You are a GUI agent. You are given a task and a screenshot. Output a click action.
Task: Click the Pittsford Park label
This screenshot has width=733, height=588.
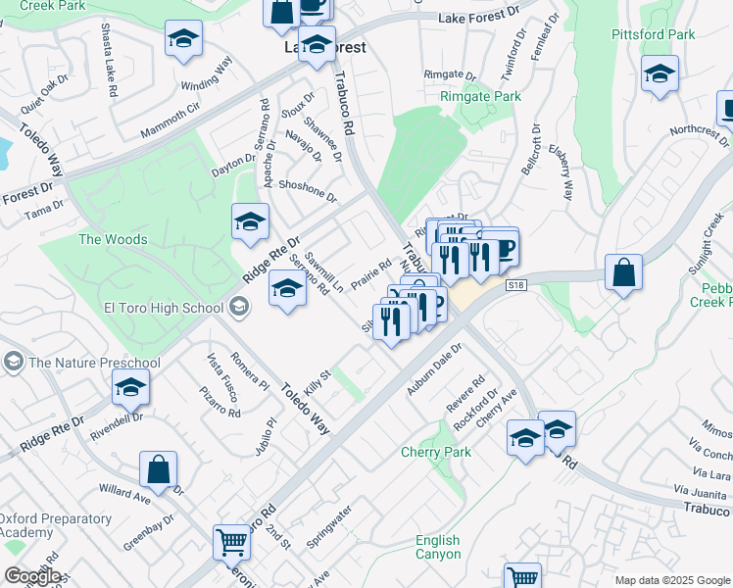click(x=654, y=34)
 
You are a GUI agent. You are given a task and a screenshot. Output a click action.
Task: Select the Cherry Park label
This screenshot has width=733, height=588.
click(x=436, y=452)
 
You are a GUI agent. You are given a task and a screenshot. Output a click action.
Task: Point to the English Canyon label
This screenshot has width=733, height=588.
click(x=437, y=547)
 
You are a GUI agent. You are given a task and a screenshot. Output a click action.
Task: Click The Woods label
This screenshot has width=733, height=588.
click(x=113, y=239)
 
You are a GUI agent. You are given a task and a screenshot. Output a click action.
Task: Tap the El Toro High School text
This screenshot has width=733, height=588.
click(x=164, y=308)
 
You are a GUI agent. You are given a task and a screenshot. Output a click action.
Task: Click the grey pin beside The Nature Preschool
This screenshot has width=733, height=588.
click(x=14, y=363)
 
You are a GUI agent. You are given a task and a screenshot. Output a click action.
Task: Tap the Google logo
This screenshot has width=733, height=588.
click(x=31, y=576)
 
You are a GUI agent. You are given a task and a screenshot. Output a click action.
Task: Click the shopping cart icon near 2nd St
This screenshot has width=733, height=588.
click(x=232, y=541)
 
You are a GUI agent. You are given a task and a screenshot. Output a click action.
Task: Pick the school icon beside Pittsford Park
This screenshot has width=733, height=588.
click(x=660, y=73)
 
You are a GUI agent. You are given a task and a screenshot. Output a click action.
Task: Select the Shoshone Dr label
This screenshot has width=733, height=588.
click(x=308, y=189)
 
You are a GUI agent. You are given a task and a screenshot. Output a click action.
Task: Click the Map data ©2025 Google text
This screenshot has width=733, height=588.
click(x=672, y=580)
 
